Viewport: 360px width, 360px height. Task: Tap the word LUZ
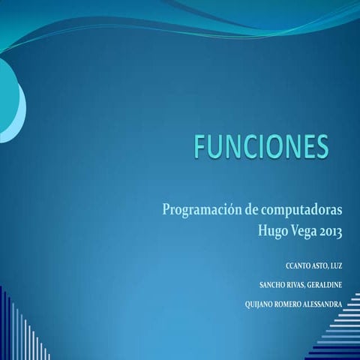pyautogui.click(x=336, y=266)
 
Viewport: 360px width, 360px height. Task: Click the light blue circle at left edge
pyautogui.click(x=10, y=105)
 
